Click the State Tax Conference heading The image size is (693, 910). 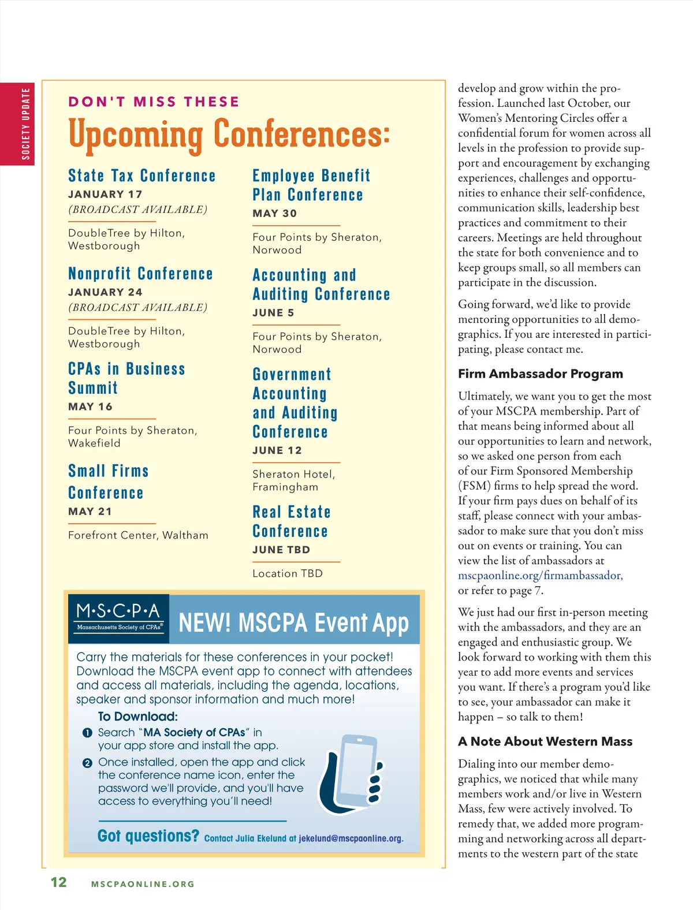pyautogui.click(x=141, y=176)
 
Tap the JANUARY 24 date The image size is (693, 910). pyautogui.click(x=105, y=292)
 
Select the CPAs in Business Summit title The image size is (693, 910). pyautogui.click(x=126, y=378)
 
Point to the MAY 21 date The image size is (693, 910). pyautogui.click(x=90, y=512)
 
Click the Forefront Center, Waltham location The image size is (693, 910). pyautogui.click(x=138, y=535)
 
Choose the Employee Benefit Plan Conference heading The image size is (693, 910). pyautogui.click(x=311, y=185)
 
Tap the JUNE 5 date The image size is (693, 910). pyautogui.click(x=273, y=313)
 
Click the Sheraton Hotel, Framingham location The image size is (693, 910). pyautogui.click(x=293, y=480)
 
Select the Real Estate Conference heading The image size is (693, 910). pyautogui.click(x=291, y=521)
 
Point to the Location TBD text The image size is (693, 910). pyautogui.click(x=288, y=573)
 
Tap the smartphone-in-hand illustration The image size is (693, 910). pyautogui.click(x=351, y=774)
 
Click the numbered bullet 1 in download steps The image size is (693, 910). pyautogui.click(x=87, y=733)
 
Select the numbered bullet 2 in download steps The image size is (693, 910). pyautogui.click(x=87, y=763)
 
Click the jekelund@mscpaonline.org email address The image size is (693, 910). pyautogui.click(x=351, y=838)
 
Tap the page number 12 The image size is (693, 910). pyautogui.click(x=59, y=882)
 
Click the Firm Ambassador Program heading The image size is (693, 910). pyautogui.click(x=541, y=374)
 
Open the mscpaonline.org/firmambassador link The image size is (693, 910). pyautogui.click(x=540, y=576)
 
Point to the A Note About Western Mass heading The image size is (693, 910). pyautogui.click(x=545, y=741)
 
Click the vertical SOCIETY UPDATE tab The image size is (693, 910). pyautogui.click(x=25, y=124)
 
